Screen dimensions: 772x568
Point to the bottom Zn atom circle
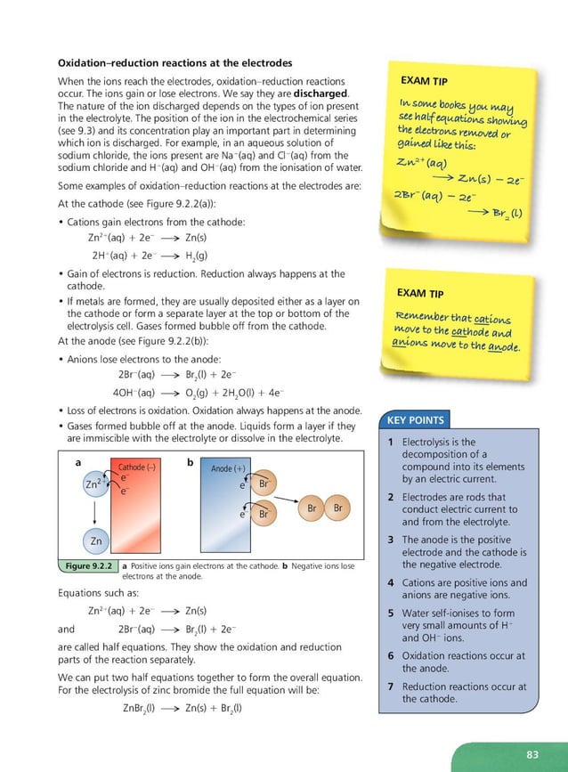(x=95, y=540)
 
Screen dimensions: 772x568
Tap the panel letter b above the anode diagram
(x=190, y=463)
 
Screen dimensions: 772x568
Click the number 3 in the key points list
(x=392, y=540)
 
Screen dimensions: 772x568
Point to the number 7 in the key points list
(x=392, y=687)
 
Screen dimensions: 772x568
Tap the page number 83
(x=532, y=755)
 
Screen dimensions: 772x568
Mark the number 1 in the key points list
(x=392, y=442)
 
